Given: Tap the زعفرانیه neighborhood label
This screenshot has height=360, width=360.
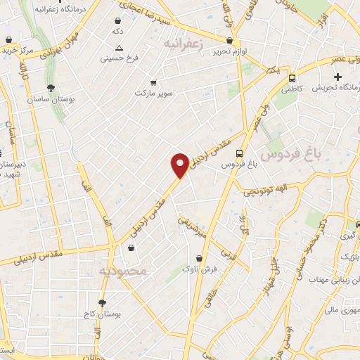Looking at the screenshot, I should pyautogui.click(x=188, y=44).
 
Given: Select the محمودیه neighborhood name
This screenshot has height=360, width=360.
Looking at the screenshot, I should pyautogui.click(x=122, y=270).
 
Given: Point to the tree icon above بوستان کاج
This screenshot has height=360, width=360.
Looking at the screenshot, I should pyautogui.click(x=103, y=302).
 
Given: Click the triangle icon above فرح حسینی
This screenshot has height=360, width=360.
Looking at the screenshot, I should pyautogui.click(x=120, y=48).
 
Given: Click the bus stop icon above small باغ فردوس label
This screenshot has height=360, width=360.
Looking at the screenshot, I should pyautogui.click(x=240, y=153).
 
